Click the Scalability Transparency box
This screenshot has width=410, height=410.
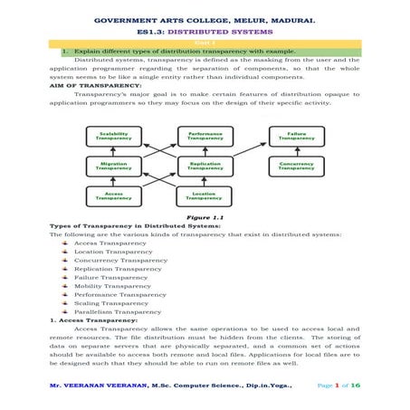coord(114,136)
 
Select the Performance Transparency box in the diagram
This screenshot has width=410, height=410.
coord(205,136)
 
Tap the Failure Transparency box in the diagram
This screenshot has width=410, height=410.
coord(296,136)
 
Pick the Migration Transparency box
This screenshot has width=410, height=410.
coord(114,166)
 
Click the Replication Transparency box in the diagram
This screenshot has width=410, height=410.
coord(205,166)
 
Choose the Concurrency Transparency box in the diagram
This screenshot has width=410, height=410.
coord(296,166)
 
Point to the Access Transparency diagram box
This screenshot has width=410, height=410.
coord(114,195)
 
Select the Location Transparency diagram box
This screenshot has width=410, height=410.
coord(205,195)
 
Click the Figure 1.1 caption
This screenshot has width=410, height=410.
coord(204,217)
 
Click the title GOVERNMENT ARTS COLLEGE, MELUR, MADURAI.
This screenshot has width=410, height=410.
coord(205,18)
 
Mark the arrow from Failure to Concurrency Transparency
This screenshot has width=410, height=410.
coord(296,151)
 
